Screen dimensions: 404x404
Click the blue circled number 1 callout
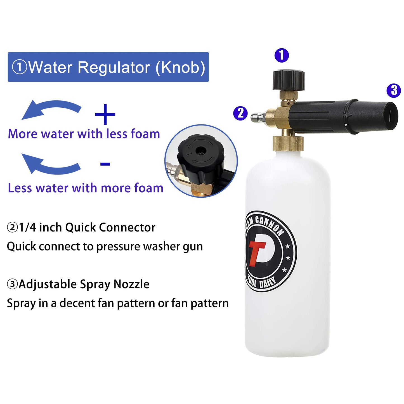tap(282, 55)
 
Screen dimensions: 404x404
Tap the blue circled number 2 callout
tap(240, 113)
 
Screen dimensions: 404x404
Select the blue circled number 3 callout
tap(394, 90)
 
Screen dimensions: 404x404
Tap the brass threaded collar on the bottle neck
tap(288, 143)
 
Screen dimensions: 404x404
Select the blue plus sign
tap(105, 114)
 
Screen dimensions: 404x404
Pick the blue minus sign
tap(105, 164)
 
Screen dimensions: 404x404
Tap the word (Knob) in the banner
tap(180, 67)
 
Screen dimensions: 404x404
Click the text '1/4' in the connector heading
tap(27, 227)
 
